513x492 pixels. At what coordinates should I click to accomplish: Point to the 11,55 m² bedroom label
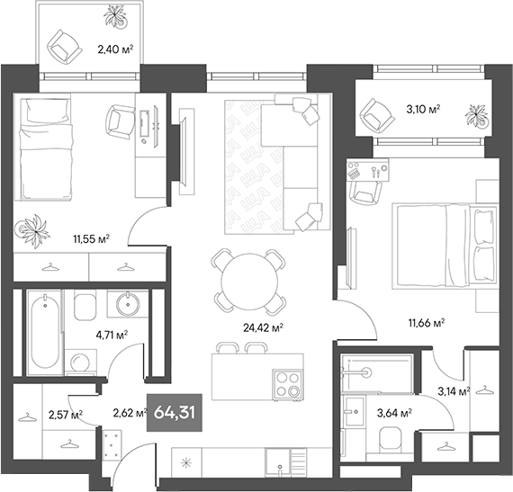pos(91,238)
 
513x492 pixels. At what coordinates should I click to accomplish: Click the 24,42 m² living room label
pos(265,327)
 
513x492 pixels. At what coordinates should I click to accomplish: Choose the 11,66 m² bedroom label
pos(427,322)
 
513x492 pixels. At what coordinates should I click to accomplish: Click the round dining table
pos(247,279)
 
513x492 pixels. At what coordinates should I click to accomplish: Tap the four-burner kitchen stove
pos(290,384)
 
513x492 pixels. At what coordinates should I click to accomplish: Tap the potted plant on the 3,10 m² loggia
pos(473,116)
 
